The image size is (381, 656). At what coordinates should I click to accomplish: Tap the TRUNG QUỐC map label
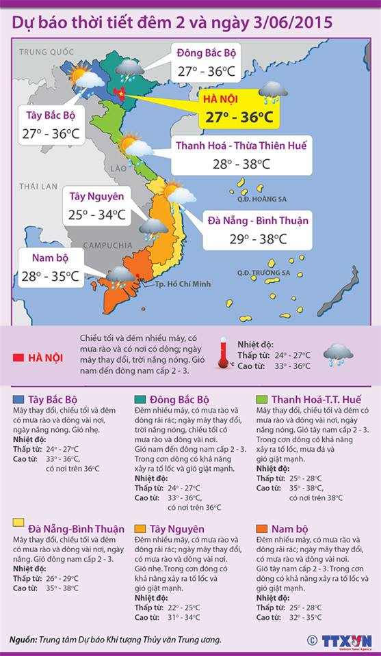click(46, 52)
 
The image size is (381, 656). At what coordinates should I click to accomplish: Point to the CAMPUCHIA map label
click(108, 245)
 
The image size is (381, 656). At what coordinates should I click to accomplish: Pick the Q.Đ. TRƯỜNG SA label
click(263, 273)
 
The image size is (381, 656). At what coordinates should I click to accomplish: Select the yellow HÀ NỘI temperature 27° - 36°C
click(239, 118)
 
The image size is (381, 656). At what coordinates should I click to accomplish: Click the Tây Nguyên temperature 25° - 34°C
click(96, 215)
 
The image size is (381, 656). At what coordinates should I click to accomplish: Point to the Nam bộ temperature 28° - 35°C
click(50, 277)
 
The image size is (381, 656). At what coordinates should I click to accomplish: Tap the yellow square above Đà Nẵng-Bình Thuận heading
click(18, 523)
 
